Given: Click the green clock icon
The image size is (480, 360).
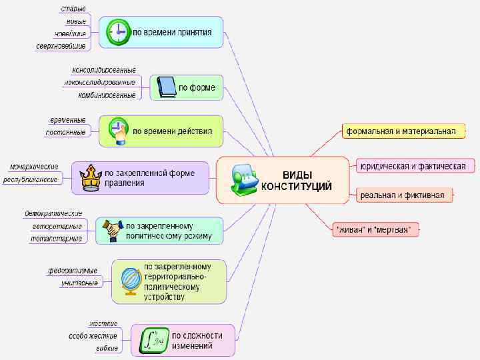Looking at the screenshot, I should coord(119,32).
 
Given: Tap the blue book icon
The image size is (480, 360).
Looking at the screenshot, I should coord(166,87).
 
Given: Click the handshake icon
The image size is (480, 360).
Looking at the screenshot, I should coord(111,230).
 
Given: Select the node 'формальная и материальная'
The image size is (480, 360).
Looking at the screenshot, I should coord(400,131).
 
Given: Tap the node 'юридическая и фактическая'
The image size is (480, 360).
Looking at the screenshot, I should coord(411,165).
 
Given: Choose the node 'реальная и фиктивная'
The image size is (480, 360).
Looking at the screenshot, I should coord(402,195).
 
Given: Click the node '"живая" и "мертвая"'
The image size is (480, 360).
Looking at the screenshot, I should coord(375,230).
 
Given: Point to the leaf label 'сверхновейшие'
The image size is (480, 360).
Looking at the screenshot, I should coord(61,46).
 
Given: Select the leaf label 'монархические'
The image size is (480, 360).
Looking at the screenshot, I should coord(33,166).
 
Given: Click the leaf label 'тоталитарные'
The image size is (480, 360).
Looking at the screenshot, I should coord(56,238).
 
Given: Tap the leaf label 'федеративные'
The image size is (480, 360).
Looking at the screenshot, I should coord(72,270).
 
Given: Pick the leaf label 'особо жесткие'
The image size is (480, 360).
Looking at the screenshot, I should coord(93,336).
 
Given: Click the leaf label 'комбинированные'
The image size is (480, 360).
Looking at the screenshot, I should coord(107,95).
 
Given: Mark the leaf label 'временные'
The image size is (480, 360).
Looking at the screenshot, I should coord(67,120).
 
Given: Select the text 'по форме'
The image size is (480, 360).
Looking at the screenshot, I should coord(197,87).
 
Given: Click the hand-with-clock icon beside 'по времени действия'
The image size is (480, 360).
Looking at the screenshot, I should coord(118,131).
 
